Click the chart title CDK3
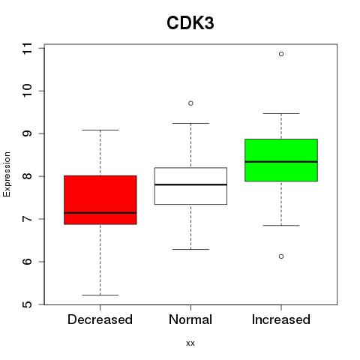click(190, 23)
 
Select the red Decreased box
click(100, 200)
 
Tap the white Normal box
click(190, 186)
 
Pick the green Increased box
click(281, 160)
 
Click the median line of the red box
click(100, 213)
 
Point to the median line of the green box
click(281, 162)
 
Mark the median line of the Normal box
click(190, 184)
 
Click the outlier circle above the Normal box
click(190, 103)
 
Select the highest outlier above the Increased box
click(281, 54)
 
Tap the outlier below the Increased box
click(281, 256)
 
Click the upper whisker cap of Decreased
click(100, 130)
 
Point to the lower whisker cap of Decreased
click(100, 295)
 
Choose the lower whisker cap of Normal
click(190, 249)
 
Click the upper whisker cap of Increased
click(281, 113)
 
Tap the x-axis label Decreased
click(100, 319)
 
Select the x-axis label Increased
click(281, 319)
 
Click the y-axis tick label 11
click(27, 48)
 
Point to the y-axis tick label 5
click(27, 304)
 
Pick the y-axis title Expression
click(7, 174)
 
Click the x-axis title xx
click(190, 343)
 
